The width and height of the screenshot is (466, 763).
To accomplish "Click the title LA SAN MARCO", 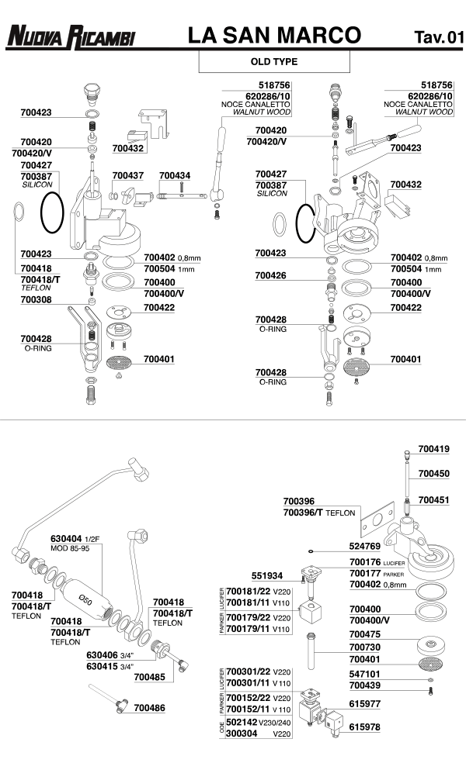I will (x=274, y=35).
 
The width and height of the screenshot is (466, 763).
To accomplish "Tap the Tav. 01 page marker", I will (x=439, y=36).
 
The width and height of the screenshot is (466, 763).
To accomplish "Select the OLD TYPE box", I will (x=274, y=60).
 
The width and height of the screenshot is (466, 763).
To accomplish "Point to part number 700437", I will (x=127, y=176).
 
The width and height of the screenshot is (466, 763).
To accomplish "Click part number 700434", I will (x=174, y=176).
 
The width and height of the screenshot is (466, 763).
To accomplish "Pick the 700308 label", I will (x=36, y=299).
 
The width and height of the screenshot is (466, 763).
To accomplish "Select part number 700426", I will (x=271, y=275).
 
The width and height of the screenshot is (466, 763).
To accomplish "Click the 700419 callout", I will (x=433, y=448).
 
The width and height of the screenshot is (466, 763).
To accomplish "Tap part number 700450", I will (x=433, y=473).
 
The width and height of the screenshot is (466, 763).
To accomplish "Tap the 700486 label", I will (x=149, y=707).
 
